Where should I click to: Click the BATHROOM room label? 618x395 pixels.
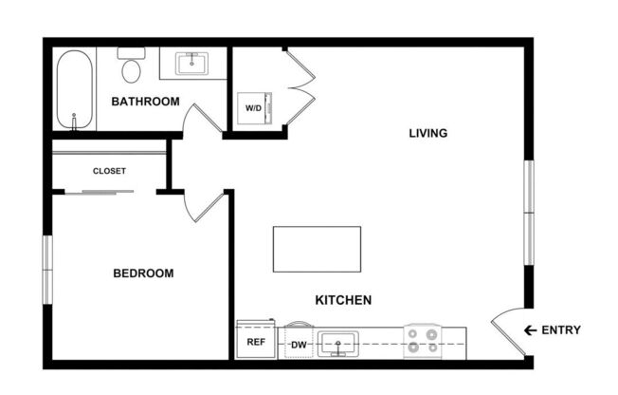(145, 101)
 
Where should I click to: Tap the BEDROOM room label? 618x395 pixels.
(143, 273)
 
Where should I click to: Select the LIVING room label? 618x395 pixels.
(427, 133)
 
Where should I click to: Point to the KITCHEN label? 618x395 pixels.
(342, 300)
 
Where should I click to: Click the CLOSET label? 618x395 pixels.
(109, 171)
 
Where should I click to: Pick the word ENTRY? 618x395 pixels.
(560, 330)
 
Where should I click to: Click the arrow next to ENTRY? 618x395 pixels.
(530, 330)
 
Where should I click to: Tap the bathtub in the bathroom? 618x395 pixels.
(72, 90)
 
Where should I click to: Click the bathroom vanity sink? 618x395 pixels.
(192, 63)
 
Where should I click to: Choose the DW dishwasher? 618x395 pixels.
(298, 344)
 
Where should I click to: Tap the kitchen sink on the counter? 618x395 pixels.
(337, 343)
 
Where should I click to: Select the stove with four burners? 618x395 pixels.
(421, 342)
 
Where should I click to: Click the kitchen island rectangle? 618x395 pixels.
(317, 249)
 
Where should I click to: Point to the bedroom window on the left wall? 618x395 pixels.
(45, 270)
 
